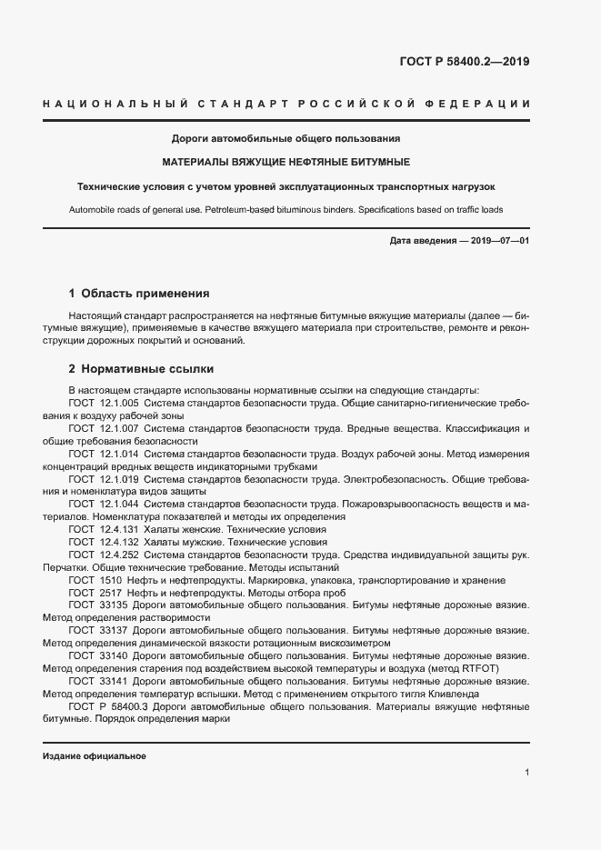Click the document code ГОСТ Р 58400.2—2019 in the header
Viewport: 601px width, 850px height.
(465, 63)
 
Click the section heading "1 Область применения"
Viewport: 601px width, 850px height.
(139, 294)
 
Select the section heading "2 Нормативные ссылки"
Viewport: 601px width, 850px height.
(141, 369)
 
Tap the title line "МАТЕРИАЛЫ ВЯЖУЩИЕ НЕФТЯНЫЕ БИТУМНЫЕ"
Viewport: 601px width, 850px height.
(286, 162)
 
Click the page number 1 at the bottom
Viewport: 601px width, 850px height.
(526, 772)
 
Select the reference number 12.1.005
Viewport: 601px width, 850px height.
(119, 402)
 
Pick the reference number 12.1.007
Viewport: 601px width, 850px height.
(119, 427)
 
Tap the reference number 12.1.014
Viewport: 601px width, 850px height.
(119, 453)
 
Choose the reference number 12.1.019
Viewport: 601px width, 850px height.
(119, 478)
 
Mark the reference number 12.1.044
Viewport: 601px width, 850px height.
(119, 504)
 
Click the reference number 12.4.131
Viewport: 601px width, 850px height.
(119, 529)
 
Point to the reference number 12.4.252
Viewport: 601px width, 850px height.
(119, 555)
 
